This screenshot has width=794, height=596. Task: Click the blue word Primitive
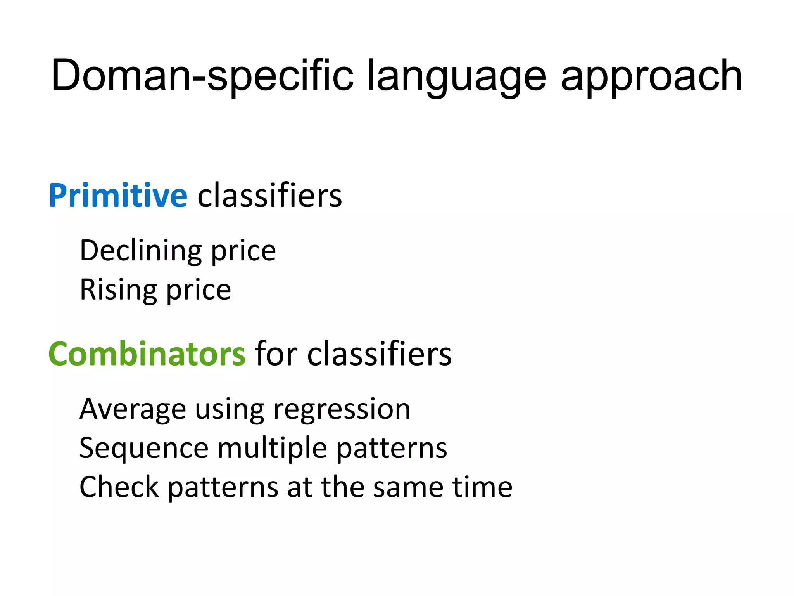point(118,196)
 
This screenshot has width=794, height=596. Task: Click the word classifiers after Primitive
point(270,196)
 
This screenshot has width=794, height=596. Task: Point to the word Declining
point(140,251)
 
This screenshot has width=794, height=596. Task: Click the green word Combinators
point(147,354)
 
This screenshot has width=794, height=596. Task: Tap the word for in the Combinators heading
point(276,354)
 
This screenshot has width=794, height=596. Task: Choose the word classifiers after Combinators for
point(380,354)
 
